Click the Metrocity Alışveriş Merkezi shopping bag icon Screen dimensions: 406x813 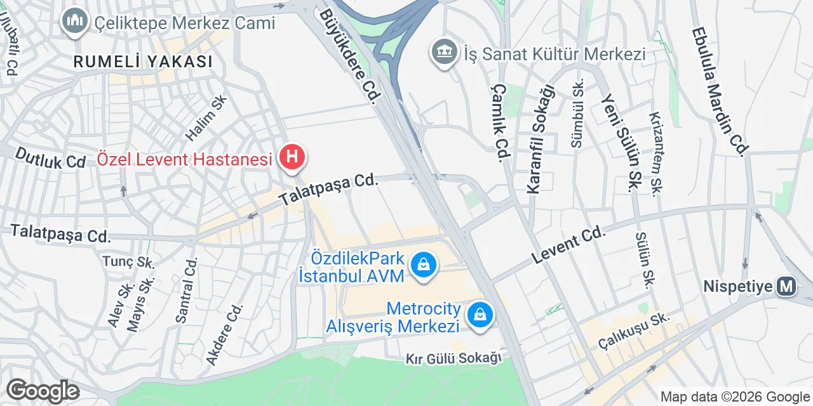click(x=481, y=313)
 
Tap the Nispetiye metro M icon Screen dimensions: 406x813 click(x=787, y=286)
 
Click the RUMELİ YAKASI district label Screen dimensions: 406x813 click(x=142, y=62)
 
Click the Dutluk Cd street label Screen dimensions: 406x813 click(x=50, y=158)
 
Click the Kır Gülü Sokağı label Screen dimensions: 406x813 click(x=454, y=359)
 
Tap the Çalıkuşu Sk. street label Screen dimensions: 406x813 click(x=634, y=331)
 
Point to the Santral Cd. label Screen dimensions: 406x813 click(x=186, y=290)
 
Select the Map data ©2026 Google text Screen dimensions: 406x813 click(x=735, y=397)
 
